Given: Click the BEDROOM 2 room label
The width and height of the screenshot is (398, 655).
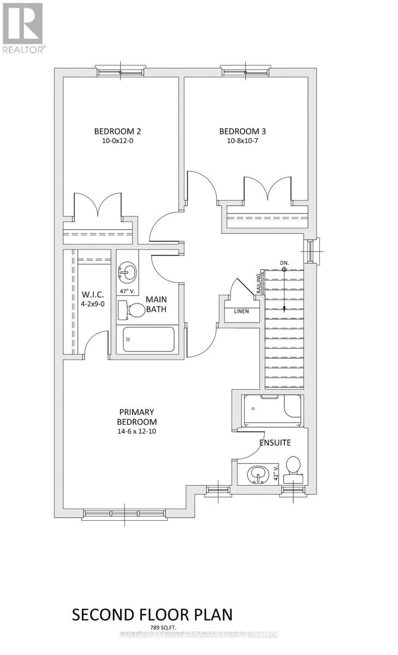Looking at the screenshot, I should (117, 131).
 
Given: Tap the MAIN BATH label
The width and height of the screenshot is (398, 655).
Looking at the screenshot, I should (156, 305).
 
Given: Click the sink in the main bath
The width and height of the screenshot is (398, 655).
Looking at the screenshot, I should (127, 270).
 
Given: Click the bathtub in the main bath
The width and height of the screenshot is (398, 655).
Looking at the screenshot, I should (148, 339).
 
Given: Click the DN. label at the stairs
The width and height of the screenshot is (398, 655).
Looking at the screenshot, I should (284, 263).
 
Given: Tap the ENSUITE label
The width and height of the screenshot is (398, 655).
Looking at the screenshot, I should (274, 443).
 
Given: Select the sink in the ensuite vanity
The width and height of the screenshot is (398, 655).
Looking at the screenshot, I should (257, 474).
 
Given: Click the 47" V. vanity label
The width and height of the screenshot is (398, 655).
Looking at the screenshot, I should (127, 290).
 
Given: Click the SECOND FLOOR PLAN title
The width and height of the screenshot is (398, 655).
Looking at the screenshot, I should (152, 614).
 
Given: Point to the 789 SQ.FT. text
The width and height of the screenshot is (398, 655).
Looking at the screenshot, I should (152, 627).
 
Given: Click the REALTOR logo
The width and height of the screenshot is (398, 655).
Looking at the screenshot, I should (23, 27).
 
